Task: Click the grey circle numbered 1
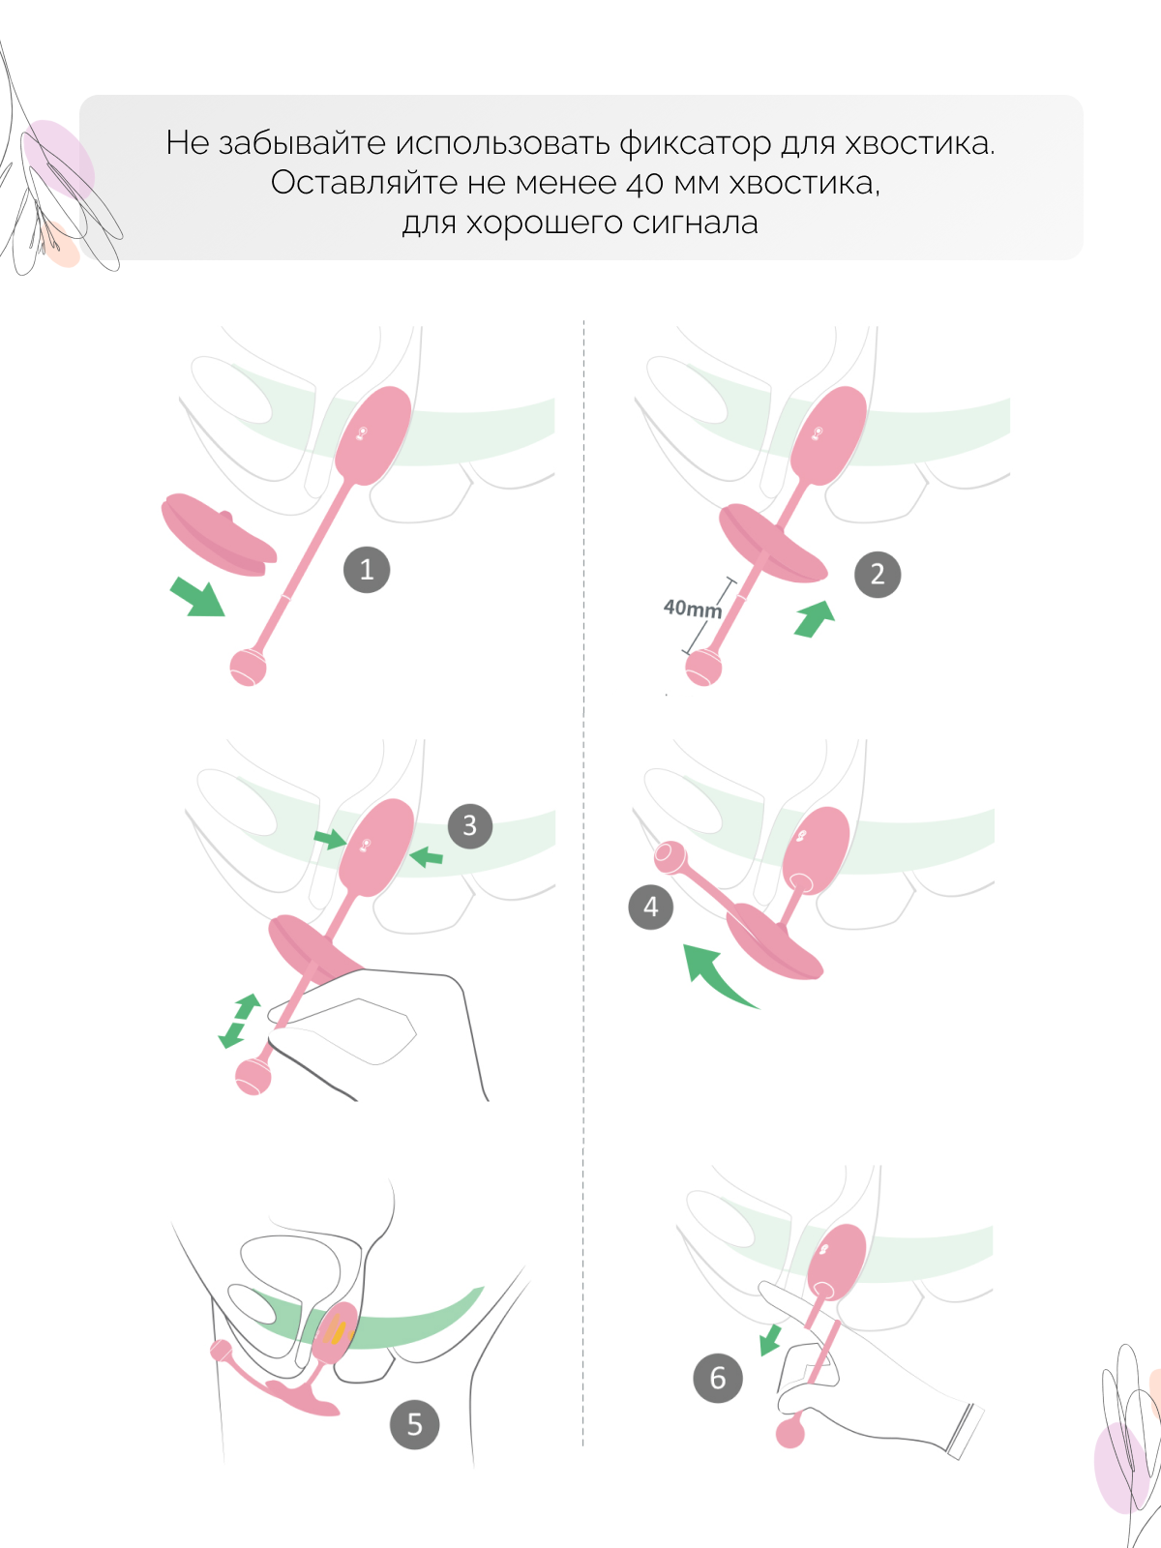click(x=367, y=569)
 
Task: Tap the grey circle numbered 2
click(x=878, y=574)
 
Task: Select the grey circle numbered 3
click(x=469, y=825)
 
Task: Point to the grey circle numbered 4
click(x=650, y=907)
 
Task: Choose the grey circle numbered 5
click(x=414, y=1424)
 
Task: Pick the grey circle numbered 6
click(x=718, y=1378)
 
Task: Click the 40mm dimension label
click(x=692, y=608)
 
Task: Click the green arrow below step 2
click(x=815, y=618)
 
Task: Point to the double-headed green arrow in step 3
click(x=240, y=1021)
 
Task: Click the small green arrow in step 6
click(x=770, y=1339)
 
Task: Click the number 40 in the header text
click(x=645, y=184)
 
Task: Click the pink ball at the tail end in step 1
click(x=248, y=668)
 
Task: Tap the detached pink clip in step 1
click(x=219, y=535)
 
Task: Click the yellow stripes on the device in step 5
click(x=340, y=1329)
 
